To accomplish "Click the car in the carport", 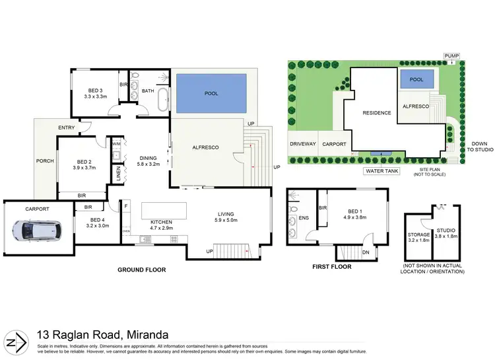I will pos(38,230).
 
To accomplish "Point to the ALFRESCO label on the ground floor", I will pos(205,147).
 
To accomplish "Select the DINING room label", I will pos(148,161).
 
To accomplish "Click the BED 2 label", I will pos(84,165).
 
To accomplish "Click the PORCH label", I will pos(45,161).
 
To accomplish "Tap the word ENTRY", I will pos(66,127).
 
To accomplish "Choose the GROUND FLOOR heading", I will pos(141,270).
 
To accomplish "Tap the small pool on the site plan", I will pos(416,79).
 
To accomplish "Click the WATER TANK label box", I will pos(380,170).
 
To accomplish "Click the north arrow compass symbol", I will pos(16,342).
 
